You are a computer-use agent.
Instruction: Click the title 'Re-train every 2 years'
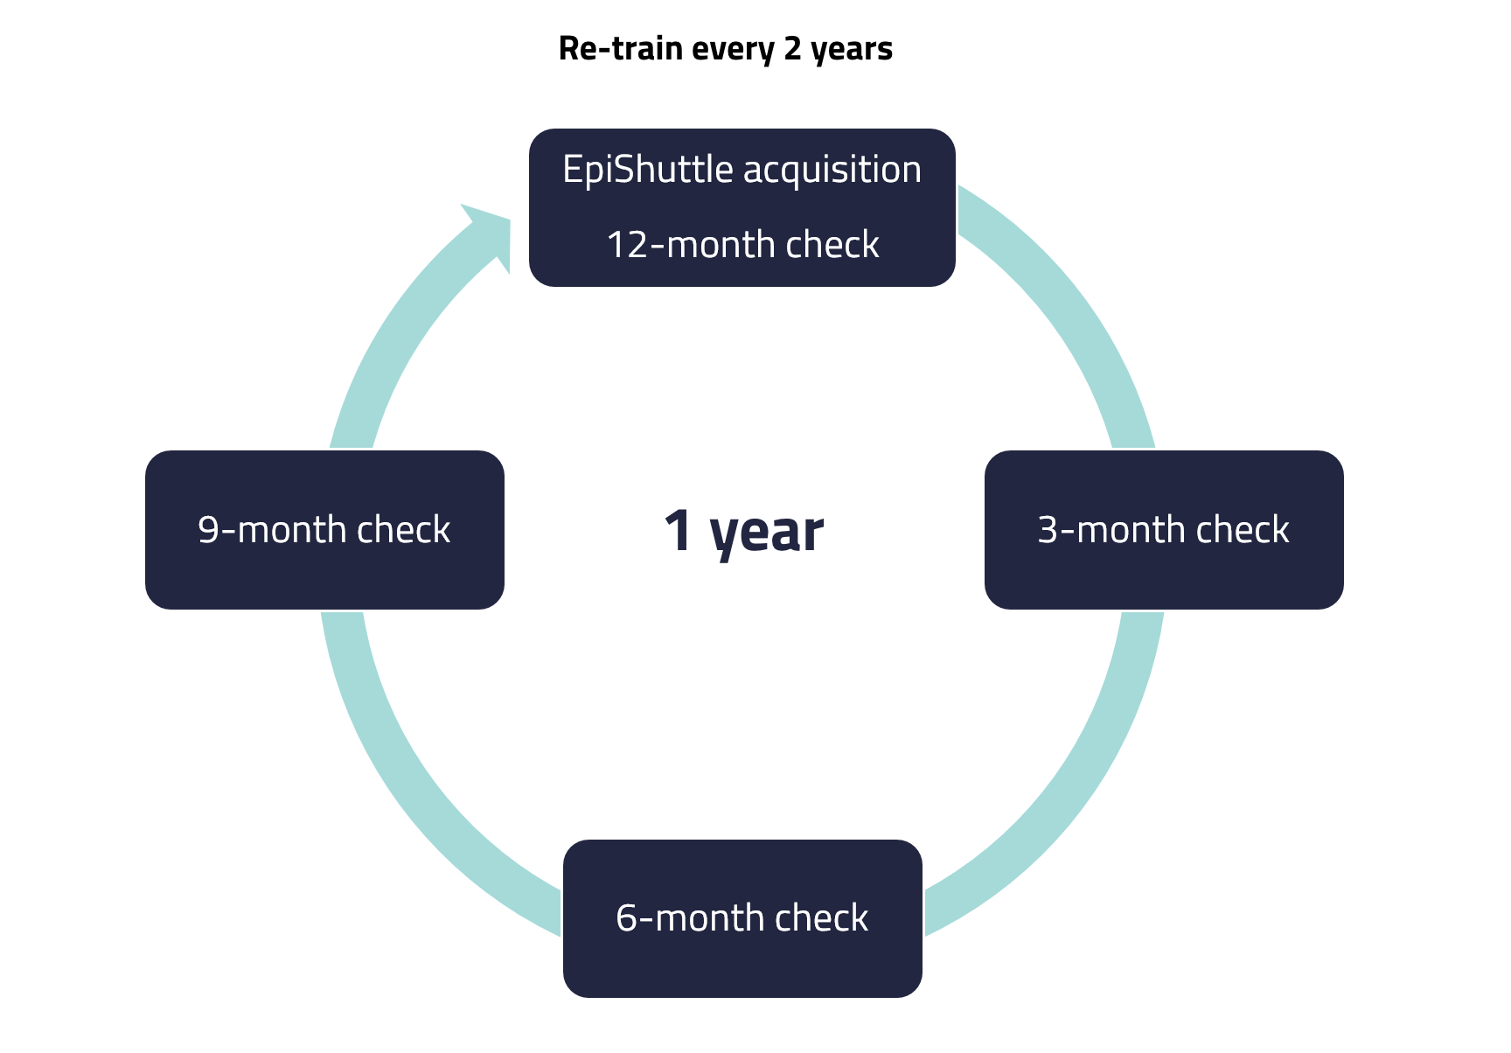[x=725, y=49]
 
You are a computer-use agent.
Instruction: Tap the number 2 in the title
[x=792, y=48]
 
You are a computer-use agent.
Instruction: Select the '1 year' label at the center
[x=743, y=532]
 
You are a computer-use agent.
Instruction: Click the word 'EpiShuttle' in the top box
[x=648, y=170]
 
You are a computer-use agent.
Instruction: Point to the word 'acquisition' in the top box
[x=832, y=170]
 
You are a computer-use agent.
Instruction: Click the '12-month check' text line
[x=742, y=244]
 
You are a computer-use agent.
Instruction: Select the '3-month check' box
[x=1164, y=530]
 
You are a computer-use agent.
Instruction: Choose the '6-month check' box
[x=742, y=918]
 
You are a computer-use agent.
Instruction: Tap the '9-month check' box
[x=324, y=530]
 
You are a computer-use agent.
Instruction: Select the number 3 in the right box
[x=1048, y=531]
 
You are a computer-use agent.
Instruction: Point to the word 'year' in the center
[x=767, y=533]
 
